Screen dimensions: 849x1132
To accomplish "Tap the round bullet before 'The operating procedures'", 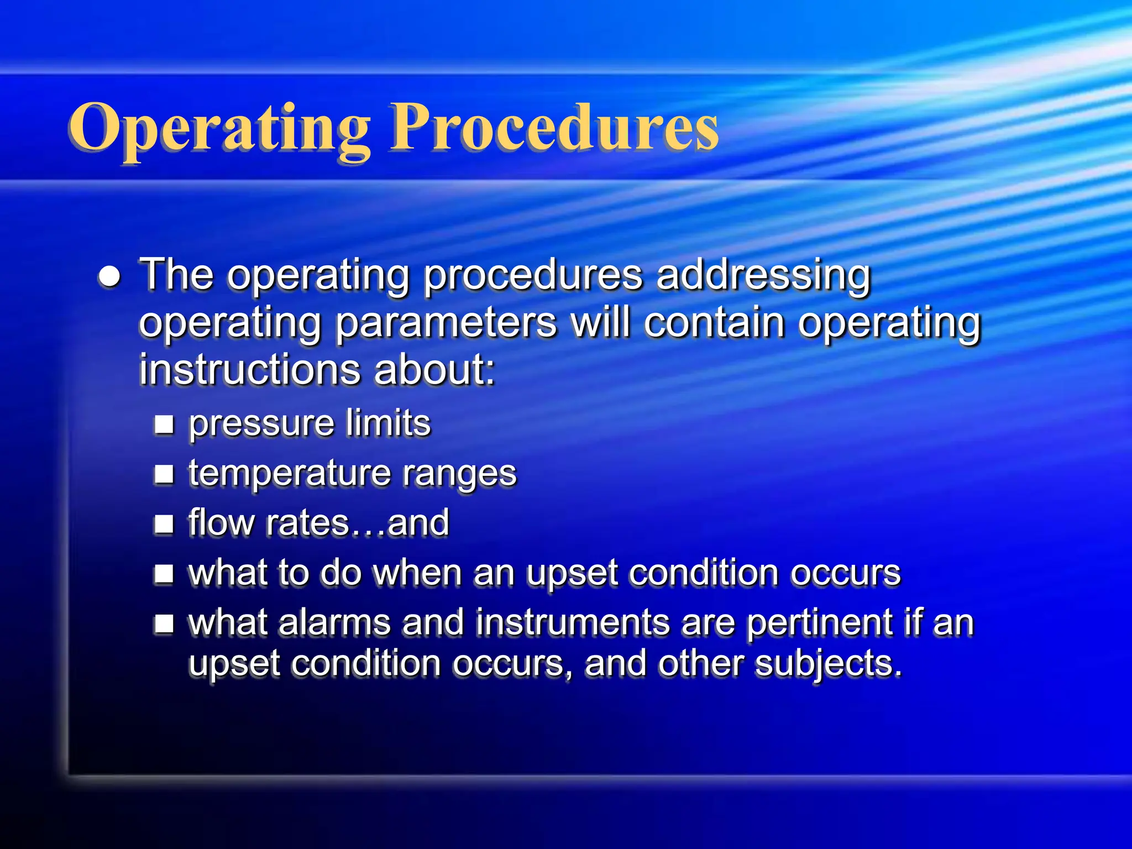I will pyautogui.click(x=110, y=276).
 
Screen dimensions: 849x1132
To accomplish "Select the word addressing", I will pyautogui.click(x=763, y=275).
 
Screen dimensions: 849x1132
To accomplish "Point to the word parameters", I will pyautogui.click(x=446, y=323).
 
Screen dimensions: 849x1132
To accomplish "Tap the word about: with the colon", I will pyautogui.click(x=434, y=370).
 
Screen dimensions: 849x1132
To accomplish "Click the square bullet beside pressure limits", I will pyautogui.click(x=164, y=424).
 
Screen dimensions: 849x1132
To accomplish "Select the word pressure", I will pyautogui.click(x=261, y=424).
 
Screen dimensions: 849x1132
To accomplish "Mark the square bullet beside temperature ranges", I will pyautogui.click(x=164, y=474).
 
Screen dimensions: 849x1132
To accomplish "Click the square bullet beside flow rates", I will pyautogui.click(x=164, y=523).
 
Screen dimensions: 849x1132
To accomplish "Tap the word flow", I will pyautogui.click(x=221, y=522).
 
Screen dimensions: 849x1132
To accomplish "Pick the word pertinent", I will pyautogui.click(x=820, y=623).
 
